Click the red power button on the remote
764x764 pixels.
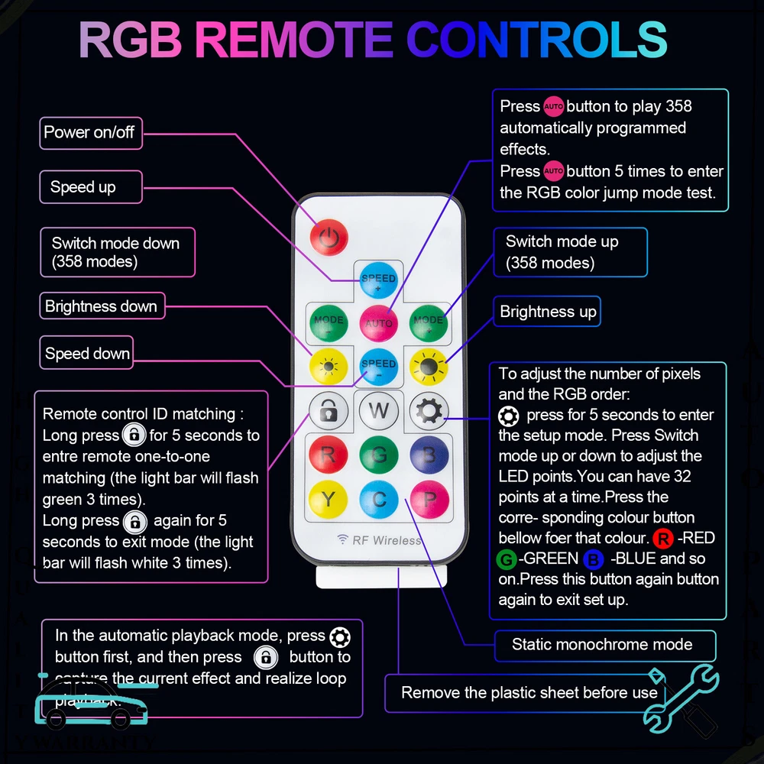[329, 236]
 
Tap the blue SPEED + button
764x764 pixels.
[379, 280]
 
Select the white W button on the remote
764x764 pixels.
[379, 411]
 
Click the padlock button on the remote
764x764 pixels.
[329, 411]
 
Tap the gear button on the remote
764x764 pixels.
[429, 411]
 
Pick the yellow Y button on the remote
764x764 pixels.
[329, 500]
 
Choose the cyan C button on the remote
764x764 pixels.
[379, 500]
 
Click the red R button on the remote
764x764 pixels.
[329, 455]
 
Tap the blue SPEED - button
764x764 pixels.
[379, 367]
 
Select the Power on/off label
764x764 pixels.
[89, 133]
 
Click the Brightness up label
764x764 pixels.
[548, 312]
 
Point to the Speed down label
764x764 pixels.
[87, 354]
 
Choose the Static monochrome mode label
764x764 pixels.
[602, 645]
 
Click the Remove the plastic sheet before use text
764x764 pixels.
[529, 693]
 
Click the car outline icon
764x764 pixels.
[90, 703]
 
